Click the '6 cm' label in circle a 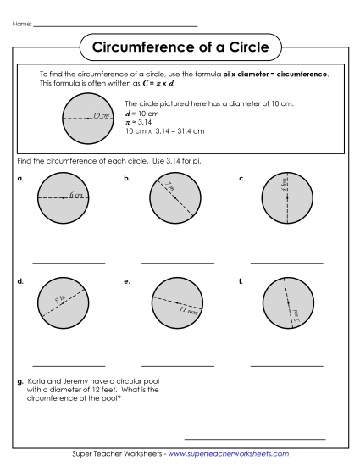(77, 195)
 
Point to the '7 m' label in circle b (170, 186)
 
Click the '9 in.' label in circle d (61, 298)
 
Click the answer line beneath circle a (69, 264)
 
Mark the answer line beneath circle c (287, 264)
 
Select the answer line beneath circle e (178, 366)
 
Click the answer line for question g (255, 439)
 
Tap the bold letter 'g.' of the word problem (19, 382)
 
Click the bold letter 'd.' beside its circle (19, 280)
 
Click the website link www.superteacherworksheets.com (228, 454)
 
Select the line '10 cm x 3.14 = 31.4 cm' (164, 131)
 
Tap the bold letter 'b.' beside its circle (127, 178)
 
